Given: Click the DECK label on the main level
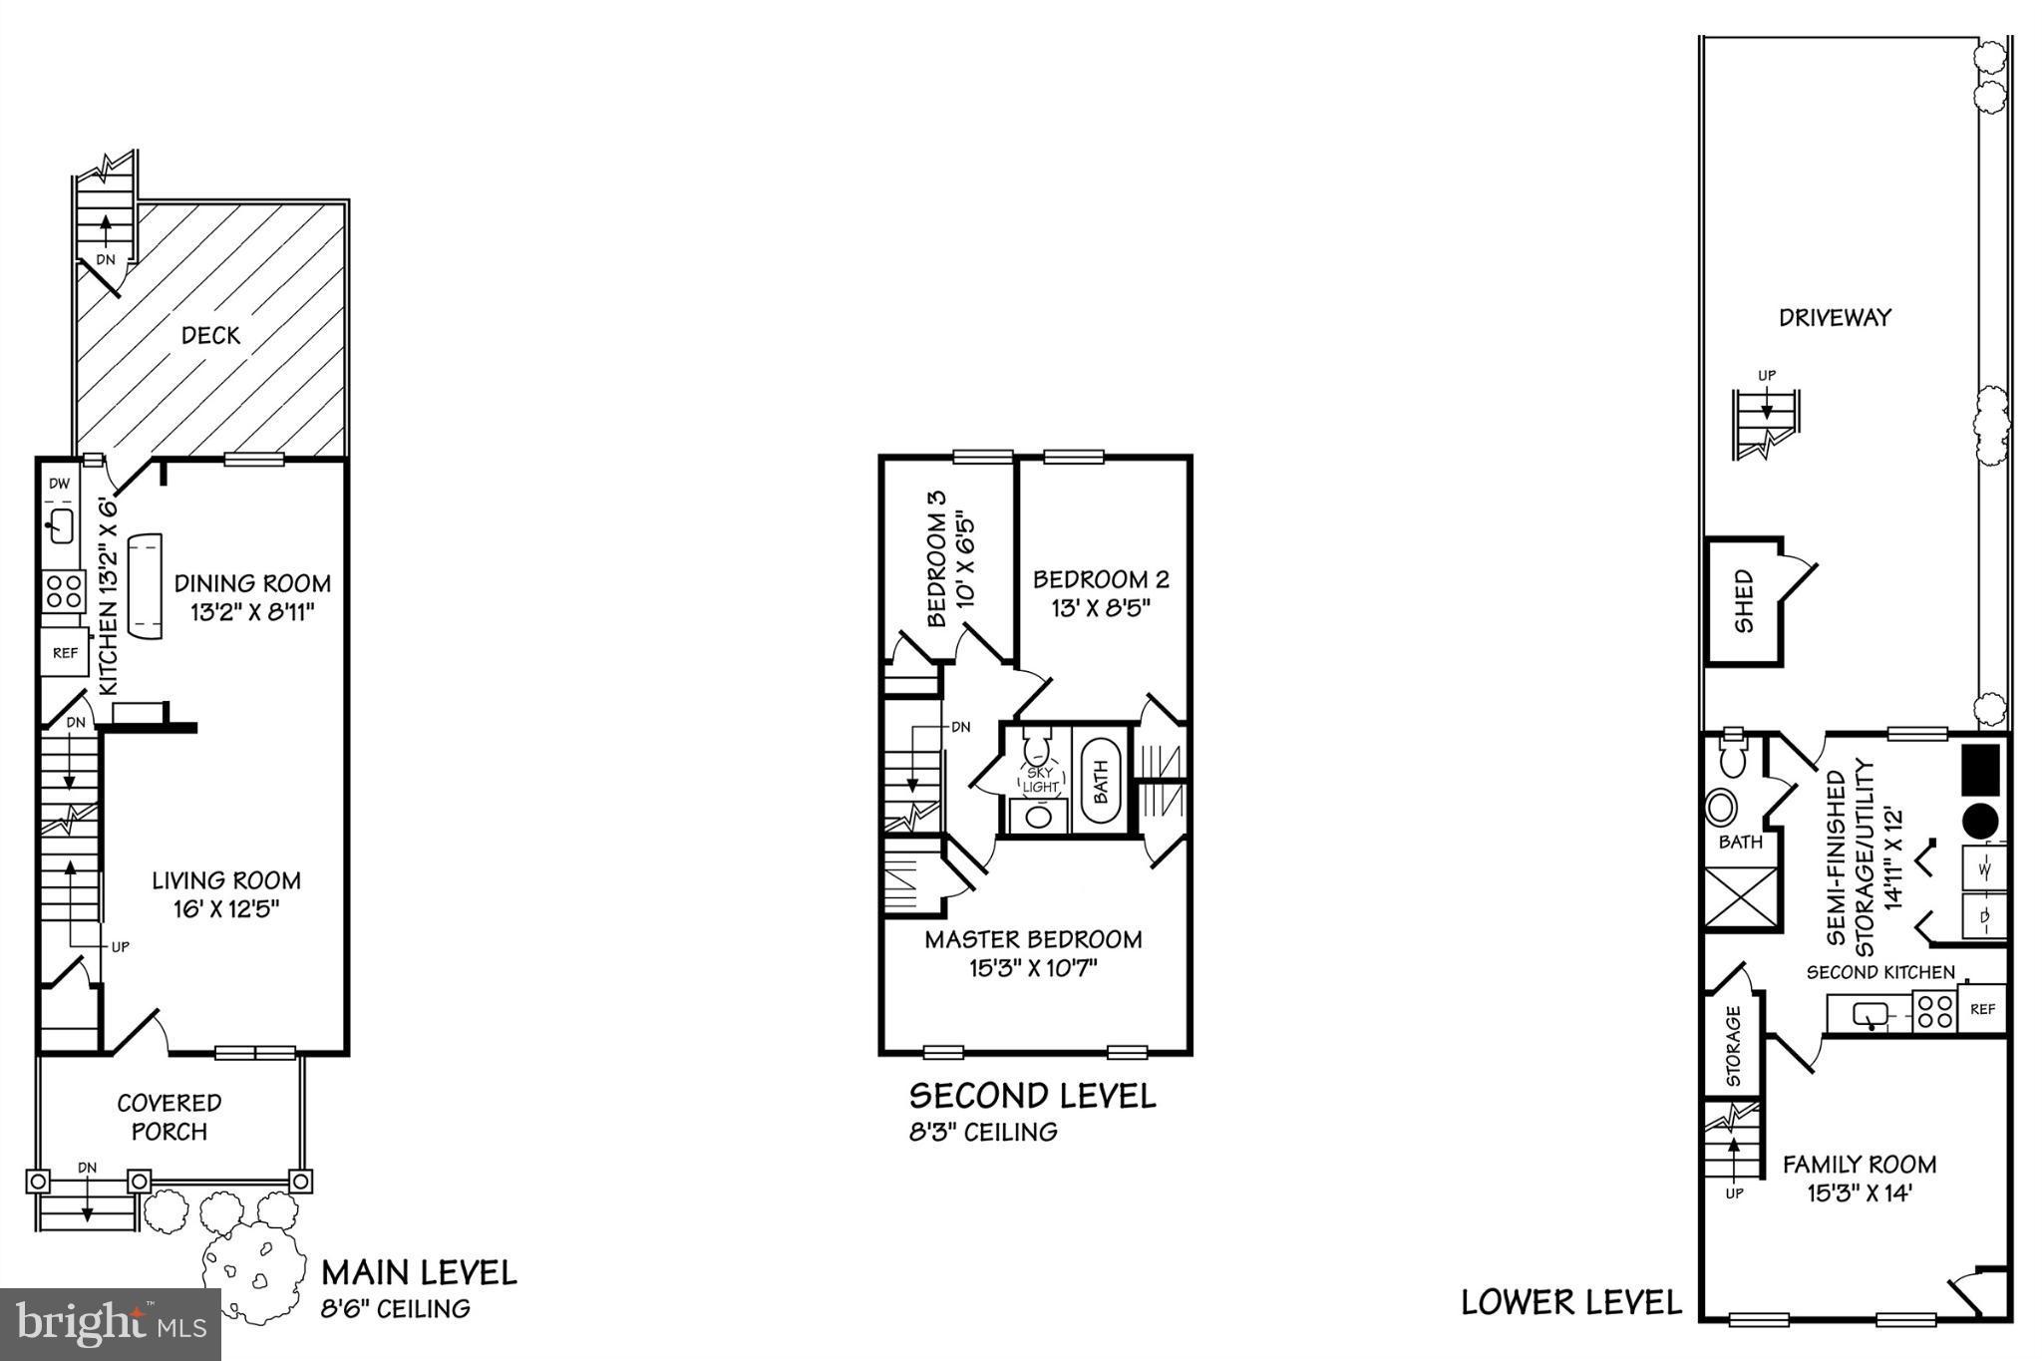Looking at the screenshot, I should point(210,335).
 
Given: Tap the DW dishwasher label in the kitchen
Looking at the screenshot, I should point(59,484).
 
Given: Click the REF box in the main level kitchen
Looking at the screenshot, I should point(65,653).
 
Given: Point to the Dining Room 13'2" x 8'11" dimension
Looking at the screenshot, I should point(252,611).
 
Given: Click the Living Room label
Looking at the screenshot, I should point(226,880).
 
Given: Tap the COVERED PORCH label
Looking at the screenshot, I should point(170,1117).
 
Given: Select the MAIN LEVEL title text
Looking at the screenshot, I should point(419,1272).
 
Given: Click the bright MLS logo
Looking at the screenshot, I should point(110,1324).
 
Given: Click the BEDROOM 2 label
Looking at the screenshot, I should point(1101,579).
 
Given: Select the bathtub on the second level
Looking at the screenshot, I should point(1101,780).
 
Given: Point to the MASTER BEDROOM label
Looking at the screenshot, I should point(1033,939).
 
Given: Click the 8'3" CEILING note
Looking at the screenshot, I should point(983,1132).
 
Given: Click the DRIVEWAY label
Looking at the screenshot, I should point(1835,318).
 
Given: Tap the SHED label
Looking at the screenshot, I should point(1743,600).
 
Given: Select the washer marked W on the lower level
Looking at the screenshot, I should point(1983,867).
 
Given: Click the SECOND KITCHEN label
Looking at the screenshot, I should point(1880,972).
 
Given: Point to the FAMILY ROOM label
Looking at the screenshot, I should point(1860,1164).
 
